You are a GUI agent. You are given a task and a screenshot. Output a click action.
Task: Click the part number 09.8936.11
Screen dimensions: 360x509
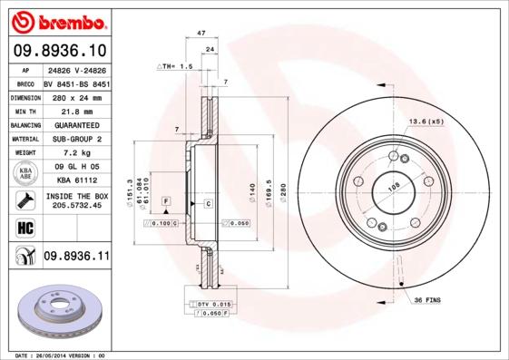(77, 258)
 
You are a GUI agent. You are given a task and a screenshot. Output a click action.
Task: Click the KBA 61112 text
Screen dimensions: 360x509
(76, 180)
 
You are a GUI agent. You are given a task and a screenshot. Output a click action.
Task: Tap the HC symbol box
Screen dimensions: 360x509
(24, 228)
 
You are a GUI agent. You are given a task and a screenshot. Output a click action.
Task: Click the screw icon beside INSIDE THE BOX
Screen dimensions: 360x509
(24, 199)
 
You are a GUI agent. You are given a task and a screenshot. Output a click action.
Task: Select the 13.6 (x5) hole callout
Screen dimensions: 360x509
(425, 122)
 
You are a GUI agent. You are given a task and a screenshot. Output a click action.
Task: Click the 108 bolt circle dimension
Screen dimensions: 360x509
(394, 187)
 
